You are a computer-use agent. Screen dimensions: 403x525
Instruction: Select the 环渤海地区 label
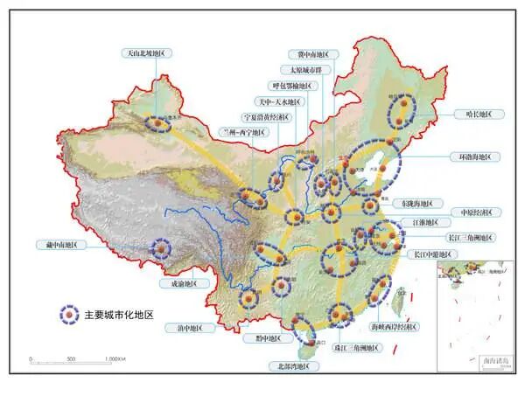473,157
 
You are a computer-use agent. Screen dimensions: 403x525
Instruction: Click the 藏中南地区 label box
55,246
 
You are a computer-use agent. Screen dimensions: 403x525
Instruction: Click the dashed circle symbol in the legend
66,313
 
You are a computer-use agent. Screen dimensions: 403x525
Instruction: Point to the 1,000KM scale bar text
115,359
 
